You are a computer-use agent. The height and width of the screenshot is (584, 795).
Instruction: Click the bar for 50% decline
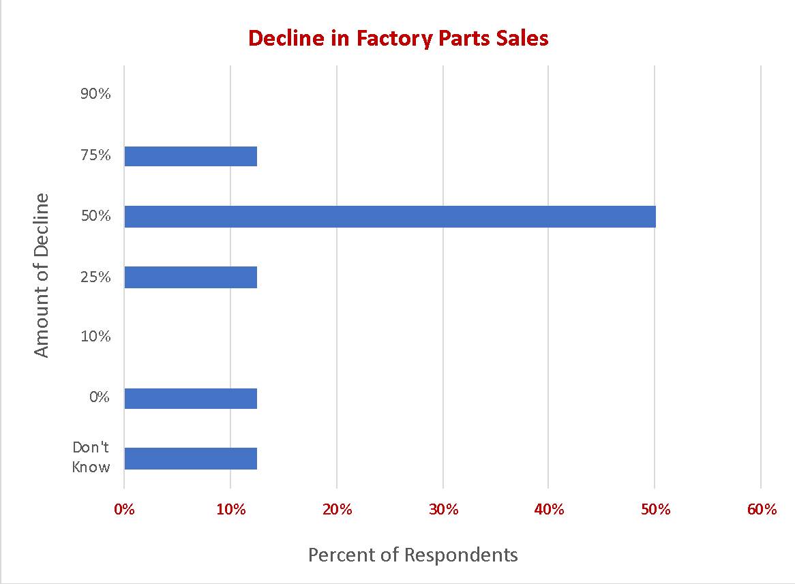point(389,217)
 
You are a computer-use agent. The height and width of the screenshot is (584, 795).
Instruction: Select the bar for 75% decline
point(190,156)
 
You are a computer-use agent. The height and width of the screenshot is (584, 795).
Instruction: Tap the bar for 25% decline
point(190,277)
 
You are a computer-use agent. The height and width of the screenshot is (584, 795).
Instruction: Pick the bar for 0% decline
point(190,399)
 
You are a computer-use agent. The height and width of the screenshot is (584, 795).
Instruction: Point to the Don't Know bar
point(190,459)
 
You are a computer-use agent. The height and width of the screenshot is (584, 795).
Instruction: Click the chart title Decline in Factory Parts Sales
point(398,38)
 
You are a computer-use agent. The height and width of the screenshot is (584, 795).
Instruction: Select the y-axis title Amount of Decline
point(42,275)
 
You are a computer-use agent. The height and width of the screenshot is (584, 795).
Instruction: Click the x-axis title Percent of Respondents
point(412,555)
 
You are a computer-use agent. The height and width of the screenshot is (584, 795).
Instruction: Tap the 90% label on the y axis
point(95,95)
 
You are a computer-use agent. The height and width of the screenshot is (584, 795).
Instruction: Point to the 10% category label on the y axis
point(95,337)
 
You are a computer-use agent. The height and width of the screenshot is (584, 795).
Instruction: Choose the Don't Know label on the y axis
point(91,457)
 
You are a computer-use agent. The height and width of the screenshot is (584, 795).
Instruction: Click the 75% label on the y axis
point(95,155)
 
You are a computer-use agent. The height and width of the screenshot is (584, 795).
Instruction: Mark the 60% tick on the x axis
point(762,510)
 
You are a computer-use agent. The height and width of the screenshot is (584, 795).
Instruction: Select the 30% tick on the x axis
point(443,510)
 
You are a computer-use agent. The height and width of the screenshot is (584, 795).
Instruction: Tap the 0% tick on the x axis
point(124,510)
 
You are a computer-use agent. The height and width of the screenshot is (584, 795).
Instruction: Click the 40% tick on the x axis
point(550,510)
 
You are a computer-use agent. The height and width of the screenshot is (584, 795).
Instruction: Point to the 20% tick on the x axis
point(337,510)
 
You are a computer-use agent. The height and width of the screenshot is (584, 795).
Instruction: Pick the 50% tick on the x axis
point(655,510)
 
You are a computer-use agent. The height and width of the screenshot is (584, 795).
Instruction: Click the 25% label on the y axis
point(95,277)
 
